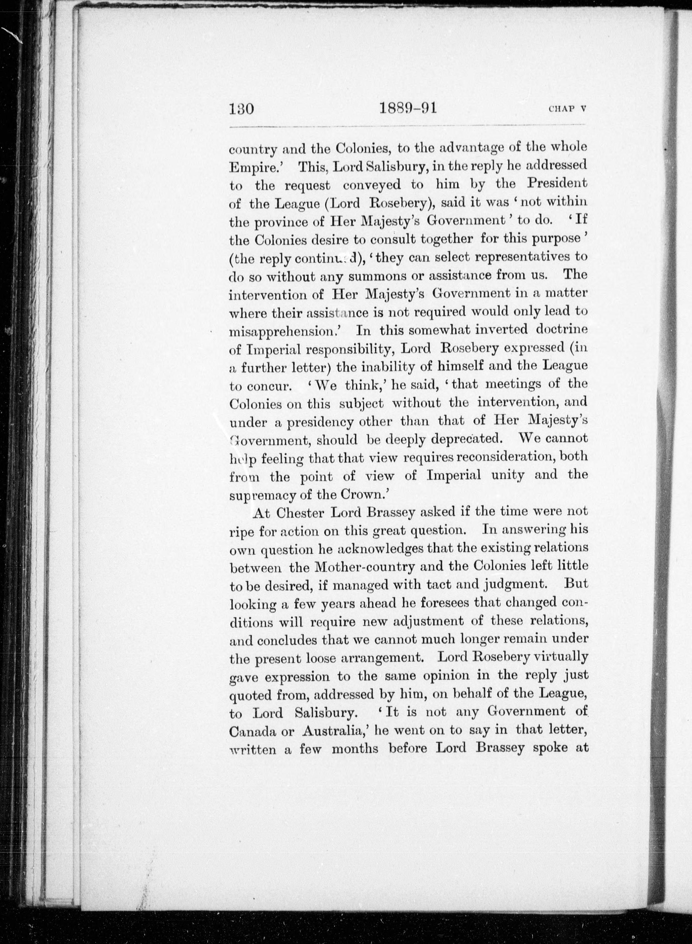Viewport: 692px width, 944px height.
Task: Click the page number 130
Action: [242, 109]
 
